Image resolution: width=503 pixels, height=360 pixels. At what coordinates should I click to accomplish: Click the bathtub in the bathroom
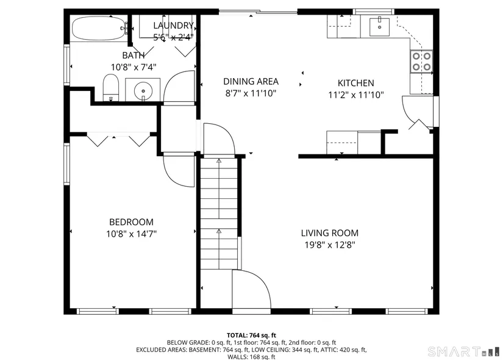point(99,28)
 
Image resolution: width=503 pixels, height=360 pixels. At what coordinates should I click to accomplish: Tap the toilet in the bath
point(111,87)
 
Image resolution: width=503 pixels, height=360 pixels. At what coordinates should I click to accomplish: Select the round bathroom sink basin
point(143,89)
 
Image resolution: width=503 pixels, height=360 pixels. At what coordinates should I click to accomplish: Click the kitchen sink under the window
point(379,27)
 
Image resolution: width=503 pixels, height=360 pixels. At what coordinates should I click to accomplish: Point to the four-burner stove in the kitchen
point(421,62)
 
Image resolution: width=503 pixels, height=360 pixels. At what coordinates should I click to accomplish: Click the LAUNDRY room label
point(173,26)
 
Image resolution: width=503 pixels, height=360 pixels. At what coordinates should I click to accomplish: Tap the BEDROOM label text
point(131,222)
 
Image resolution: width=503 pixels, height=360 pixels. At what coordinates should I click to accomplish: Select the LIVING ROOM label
point(330,233)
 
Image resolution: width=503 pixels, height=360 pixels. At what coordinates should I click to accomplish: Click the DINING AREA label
point(251,81)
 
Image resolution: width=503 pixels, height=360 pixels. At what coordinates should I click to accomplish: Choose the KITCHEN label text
point(355,83)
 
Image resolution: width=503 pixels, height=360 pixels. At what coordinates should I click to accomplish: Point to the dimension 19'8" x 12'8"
point(330,245)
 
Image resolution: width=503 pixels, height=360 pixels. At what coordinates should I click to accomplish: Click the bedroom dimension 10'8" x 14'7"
point(131,234)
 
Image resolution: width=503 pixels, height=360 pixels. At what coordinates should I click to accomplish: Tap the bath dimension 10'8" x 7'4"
point(134,67)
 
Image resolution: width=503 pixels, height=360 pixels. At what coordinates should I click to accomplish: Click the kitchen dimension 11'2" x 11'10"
point(355,95)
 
